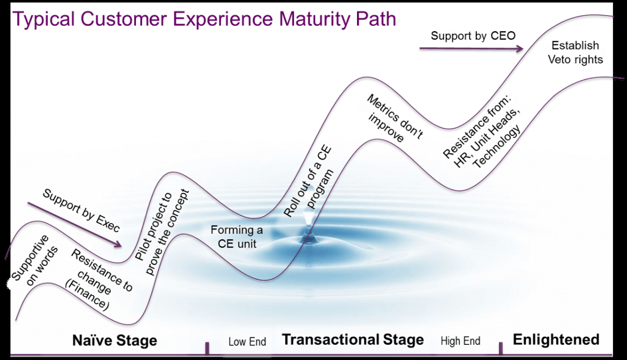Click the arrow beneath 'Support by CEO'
click(471, 48)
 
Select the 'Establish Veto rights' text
click(575, 52)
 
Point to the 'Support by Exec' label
click(81, 210)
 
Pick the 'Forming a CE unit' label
click(232, 236)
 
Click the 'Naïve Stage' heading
click(114, 341)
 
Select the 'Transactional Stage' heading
click(352, 339)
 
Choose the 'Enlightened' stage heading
click(555, 339)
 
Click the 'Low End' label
click(247, 342)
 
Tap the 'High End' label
click(460, 341)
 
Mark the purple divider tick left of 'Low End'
click(207, 348)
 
